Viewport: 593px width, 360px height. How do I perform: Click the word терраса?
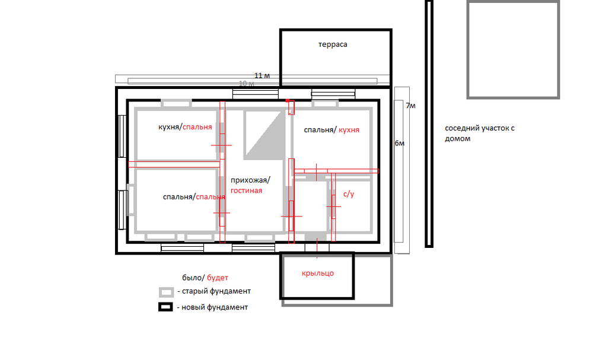coord(333,44)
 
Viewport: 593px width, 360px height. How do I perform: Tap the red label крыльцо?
coord(318,273)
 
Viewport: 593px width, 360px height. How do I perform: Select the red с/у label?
coord(349,195)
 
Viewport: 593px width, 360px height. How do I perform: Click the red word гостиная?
coord(246,190)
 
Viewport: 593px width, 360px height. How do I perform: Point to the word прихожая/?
coord(250,180)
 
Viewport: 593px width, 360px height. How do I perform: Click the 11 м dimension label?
coord(262,76)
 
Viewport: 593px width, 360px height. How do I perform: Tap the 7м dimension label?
coord(411,106)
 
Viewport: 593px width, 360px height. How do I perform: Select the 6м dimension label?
coord(400,144)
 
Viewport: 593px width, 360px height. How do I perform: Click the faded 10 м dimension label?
coord(247,84)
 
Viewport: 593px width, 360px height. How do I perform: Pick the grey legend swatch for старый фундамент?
coord(167,292)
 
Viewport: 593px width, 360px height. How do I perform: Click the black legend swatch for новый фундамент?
coord(165,307)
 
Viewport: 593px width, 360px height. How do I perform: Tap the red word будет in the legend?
coord(218,278)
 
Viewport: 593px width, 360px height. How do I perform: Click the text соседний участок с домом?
coord(480,133)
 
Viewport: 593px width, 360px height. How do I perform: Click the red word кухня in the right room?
coord(349,130)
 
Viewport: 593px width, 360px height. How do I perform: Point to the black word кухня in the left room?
coord(168,127)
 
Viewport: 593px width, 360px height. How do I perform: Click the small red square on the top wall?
coord(288,101)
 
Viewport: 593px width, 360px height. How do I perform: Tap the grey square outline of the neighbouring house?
coord(468,49)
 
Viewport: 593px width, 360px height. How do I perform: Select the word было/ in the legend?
coord(193,278)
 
